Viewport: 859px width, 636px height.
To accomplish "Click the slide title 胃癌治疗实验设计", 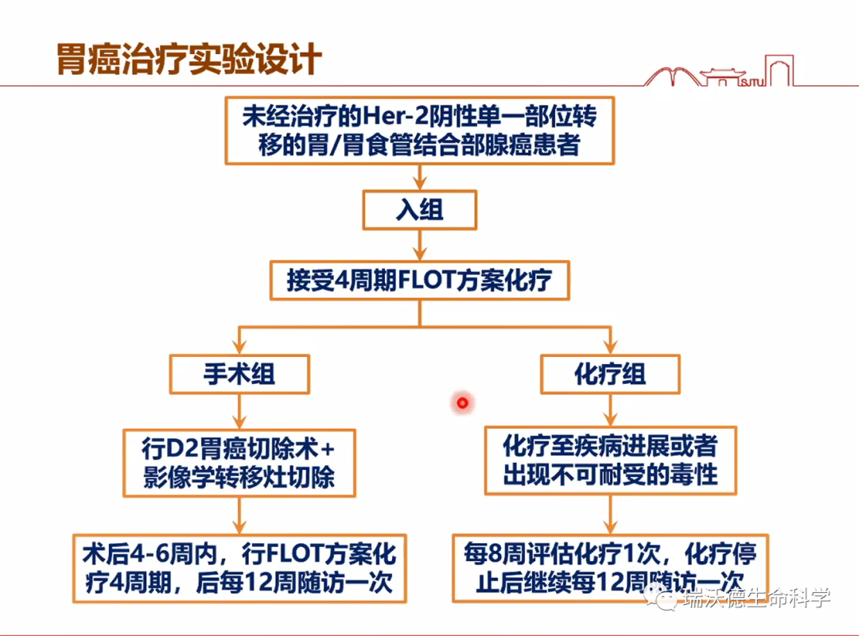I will pos(189,60).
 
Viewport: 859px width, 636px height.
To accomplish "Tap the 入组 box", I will pos(419,210).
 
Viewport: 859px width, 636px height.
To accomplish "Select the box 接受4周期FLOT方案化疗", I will pos(419,280).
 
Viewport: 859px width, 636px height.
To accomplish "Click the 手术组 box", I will pos(239,373).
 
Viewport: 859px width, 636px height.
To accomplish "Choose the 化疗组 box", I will pos(610,373).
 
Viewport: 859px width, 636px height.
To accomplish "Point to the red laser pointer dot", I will pos(461,403).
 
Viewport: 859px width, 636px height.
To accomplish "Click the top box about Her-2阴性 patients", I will pos(419,130).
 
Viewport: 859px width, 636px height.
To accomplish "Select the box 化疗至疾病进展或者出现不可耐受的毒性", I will pos(610,460).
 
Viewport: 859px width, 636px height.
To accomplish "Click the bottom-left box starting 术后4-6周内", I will pos(239,567).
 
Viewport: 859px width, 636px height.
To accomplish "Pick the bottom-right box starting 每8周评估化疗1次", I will pos(610,567).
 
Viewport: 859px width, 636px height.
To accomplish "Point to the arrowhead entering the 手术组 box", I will pos(239,347).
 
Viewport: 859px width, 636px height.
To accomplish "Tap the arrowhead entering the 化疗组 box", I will pos(610,347).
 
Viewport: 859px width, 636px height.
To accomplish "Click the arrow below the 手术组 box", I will pos(239,410).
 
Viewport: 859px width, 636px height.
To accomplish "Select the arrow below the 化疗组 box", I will pos(610,409).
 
